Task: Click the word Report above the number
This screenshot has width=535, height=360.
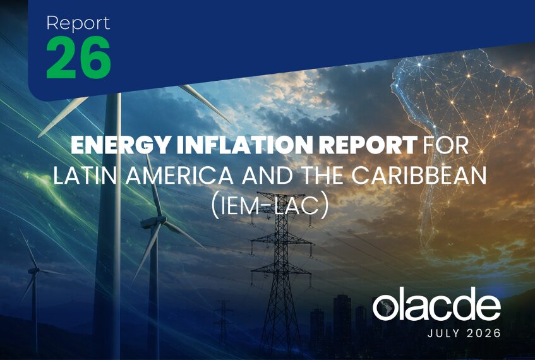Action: click(x=78, y=23)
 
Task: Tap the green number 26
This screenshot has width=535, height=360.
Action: click(x=78, y=57)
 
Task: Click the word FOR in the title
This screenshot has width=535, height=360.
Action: click(x=445, y=145)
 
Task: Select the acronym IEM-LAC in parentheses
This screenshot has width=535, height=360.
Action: click(x=270, y=207)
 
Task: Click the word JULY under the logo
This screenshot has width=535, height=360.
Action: click(x=443, y=333)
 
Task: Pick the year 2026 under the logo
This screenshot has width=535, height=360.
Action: click(x=483, y=333)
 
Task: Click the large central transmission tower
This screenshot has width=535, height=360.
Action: click(x=281, y=273)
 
